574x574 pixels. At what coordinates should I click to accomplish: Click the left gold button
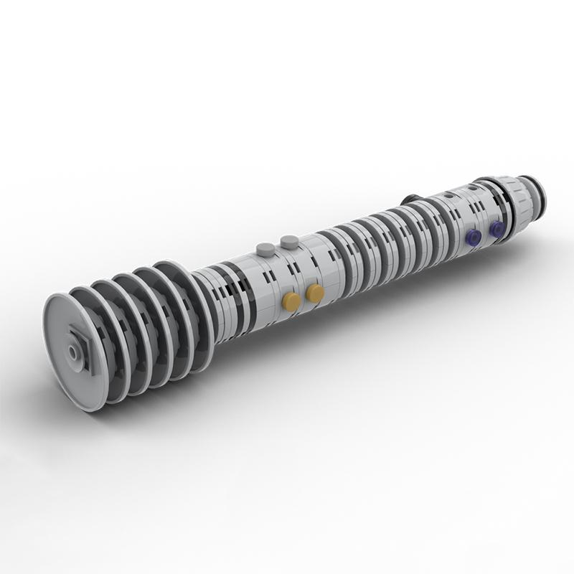[x=291, y=301]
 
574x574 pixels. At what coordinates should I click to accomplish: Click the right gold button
[x=314, y=293]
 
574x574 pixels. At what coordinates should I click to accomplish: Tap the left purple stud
[x=473, y=237]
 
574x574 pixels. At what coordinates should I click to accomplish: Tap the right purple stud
[x=496, y=229]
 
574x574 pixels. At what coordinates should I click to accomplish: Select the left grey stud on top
[x=265, y=249]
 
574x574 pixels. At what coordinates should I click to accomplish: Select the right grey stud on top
[x=289, y=241]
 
